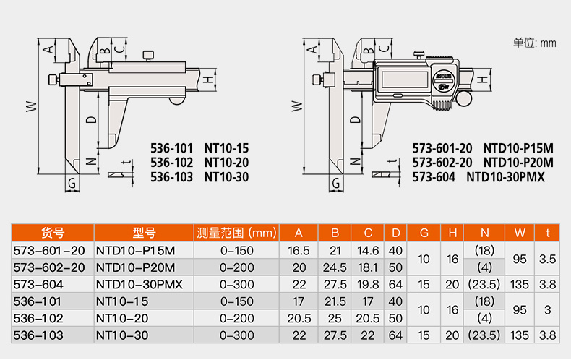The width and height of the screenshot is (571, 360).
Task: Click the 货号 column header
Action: point(53,233)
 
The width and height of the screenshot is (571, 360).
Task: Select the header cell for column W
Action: point(520,233)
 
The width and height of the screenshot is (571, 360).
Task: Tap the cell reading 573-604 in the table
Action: point(38,284)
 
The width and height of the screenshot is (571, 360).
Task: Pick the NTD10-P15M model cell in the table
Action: point(135,251)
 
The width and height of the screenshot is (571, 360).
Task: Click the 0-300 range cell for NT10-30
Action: point(236,335)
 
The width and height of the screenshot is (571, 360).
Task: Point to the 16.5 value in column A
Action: point(299,251)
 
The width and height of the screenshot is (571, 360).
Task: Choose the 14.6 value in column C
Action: point(368,251)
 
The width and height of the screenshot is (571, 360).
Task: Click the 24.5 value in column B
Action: point(335,267)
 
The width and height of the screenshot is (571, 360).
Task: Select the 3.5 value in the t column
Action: point(547,259)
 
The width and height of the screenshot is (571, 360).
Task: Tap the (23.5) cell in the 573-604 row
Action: point(484,284)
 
